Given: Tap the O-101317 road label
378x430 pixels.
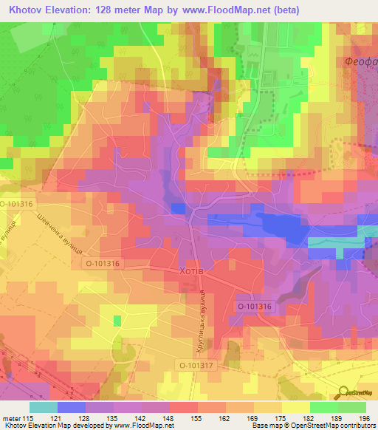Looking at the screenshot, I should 196,365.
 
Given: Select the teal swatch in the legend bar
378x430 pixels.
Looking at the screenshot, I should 43,407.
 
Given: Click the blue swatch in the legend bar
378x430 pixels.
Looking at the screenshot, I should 71,407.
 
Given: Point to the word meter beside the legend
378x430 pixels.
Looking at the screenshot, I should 10,418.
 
